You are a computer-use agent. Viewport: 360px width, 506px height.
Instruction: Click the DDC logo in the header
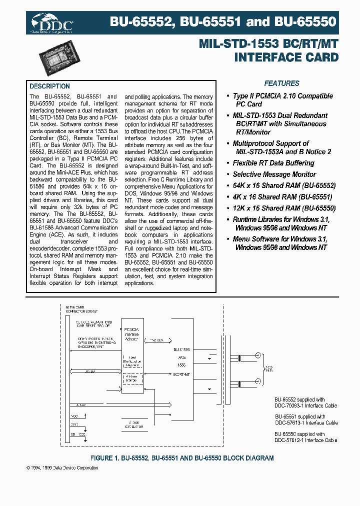52,22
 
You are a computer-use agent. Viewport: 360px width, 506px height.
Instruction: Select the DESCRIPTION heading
49,86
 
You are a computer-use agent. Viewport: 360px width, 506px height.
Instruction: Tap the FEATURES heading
281,83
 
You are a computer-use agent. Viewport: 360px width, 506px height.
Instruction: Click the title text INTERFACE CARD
286,57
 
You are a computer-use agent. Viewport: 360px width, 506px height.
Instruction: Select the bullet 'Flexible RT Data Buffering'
273,163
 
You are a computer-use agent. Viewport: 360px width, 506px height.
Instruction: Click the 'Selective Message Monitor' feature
274,174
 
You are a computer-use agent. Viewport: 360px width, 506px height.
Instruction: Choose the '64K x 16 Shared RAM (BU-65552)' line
283,185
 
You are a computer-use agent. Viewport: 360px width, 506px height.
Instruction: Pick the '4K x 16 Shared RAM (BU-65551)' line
282,197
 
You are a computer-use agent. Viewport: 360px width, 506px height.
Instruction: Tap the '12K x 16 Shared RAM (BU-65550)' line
283,208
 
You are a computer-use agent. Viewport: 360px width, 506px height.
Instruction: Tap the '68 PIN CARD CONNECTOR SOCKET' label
79,308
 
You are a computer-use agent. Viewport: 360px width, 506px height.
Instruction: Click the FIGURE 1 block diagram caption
181,458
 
